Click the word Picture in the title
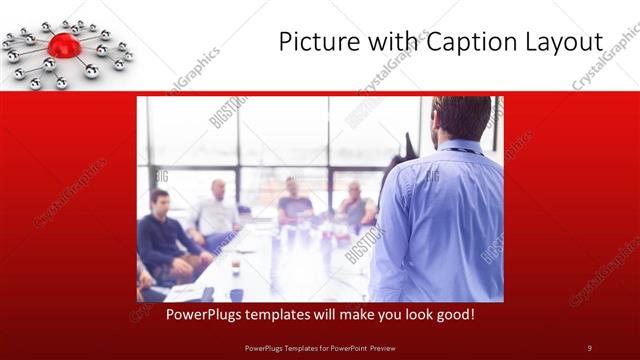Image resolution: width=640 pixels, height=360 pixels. pos(314,42)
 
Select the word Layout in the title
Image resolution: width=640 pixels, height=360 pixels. pos(560,42)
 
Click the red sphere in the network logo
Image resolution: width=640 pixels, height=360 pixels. pos(64,45)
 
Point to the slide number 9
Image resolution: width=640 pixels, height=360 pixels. pos(589,347)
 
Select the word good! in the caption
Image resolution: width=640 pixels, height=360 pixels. pos(453,314)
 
